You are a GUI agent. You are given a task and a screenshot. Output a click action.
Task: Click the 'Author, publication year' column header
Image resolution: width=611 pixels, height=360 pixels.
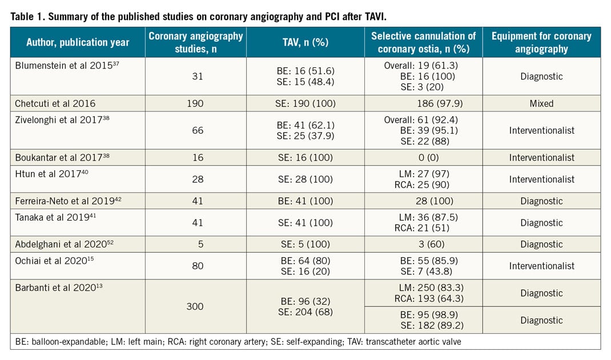coord(78,42)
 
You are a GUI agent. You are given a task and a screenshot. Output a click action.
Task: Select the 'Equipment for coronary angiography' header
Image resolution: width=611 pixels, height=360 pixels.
coord(541,42)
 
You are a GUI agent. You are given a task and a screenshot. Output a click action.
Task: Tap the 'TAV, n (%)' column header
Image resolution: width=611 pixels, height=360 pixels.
coord(305,42)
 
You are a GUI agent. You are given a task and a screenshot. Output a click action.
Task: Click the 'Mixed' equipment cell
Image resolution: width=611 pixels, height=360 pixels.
coord(541,104)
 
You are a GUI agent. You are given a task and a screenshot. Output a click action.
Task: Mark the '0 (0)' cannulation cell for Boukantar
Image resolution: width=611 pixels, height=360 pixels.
coord(424,157)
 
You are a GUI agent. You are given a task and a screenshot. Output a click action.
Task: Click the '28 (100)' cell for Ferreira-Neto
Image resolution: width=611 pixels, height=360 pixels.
coord(424,201)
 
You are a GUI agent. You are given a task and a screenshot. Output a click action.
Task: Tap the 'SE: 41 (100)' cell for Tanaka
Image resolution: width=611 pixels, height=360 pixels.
coord(305,223)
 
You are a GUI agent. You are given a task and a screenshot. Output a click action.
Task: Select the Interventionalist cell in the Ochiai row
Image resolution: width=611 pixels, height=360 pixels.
coord(541,266)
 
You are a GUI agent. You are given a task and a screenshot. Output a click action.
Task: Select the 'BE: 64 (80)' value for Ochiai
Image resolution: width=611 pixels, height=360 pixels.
coord(305,261)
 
